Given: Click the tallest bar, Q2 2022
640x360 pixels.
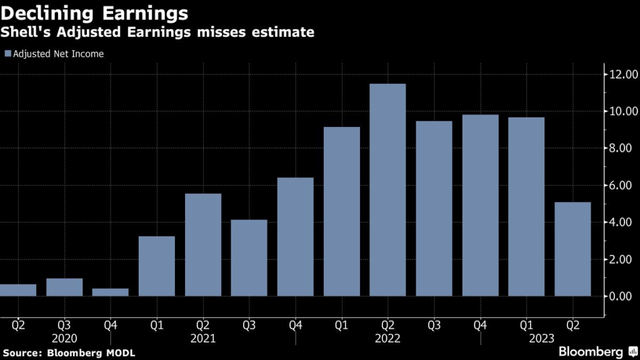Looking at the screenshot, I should (387, 190).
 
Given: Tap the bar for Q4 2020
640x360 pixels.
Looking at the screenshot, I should (111, 292).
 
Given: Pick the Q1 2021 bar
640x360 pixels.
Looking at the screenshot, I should (157, 266).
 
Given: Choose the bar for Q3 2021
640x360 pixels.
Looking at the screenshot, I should (249, 257).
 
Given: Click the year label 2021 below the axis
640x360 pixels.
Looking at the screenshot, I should (202, 338).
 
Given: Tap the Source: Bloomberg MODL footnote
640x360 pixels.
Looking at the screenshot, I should (67, 353).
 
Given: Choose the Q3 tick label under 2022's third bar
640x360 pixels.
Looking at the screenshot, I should (434, 324).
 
